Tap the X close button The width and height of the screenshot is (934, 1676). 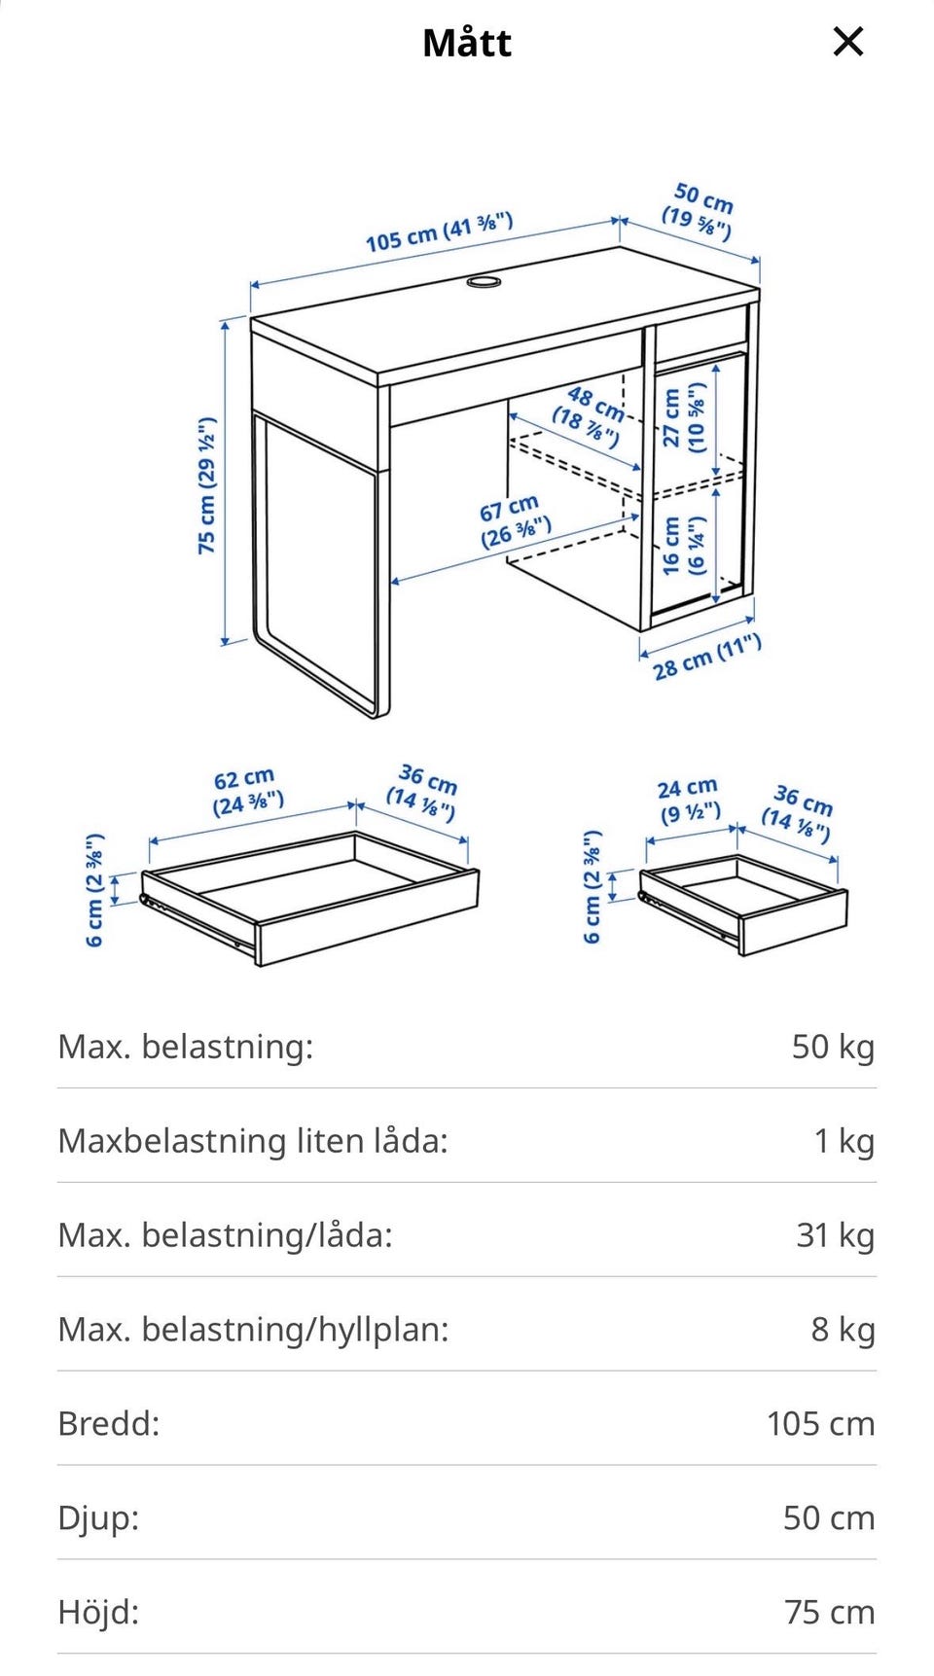(848, 42)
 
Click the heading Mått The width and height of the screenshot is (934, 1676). (467, 43)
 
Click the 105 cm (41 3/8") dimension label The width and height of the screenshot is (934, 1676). (439, 232)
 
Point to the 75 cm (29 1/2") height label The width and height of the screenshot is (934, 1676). (206, 485)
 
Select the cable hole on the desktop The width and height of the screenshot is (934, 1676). (484, 281)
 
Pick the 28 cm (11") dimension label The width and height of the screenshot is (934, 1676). (706, 658)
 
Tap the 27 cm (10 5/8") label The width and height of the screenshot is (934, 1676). (683, 417)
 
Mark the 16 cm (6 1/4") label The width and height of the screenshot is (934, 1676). (683, 546)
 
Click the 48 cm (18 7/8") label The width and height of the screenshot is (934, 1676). (590, 414)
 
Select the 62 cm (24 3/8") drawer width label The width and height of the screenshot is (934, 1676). (247, 792)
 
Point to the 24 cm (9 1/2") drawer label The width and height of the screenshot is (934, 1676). (689, 800)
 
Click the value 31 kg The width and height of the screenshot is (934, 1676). (835, 1234)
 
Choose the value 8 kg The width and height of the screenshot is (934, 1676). (843, 1329)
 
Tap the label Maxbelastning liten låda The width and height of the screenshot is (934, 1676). (253, 1140)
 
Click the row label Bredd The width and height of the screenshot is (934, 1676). (109, 1423)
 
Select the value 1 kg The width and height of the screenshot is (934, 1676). (844, 1140)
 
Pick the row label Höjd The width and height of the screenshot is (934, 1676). (99, 1612)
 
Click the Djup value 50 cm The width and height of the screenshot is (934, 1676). (829, 1517)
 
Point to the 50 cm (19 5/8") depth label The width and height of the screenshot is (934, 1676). (699, 211)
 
